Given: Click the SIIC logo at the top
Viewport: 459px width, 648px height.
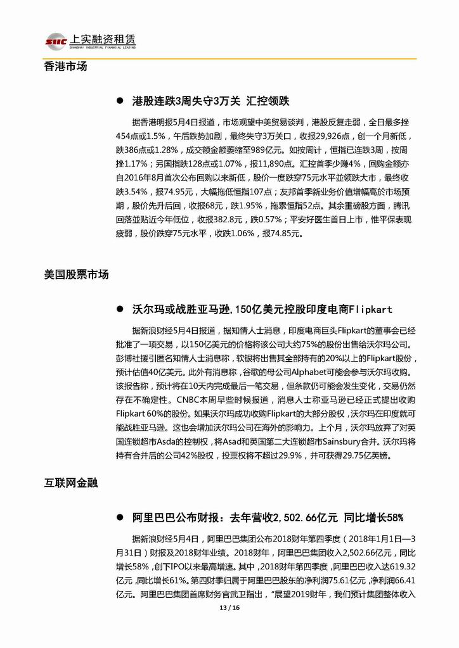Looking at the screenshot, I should (x=56, y=41).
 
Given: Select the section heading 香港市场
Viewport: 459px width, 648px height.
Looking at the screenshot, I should (x=66, y=66).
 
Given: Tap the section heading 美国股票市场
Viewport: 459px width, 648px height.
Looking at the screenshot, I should (x=77, y=274).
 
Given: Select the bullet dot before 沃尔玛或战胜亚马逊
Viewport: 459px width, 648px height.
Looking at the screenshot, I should (x=119, y=310).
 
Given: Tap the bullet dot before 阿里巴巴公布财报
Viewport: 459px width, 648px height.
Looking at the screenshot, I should (x=119, y=518).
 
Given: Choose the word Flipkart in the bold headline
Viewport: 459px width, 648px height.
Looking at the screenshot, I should (x=370, y=310).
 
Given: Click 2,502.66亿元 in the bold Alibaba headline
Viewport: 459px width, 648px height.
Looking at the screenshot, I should (x=306, y=518).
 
